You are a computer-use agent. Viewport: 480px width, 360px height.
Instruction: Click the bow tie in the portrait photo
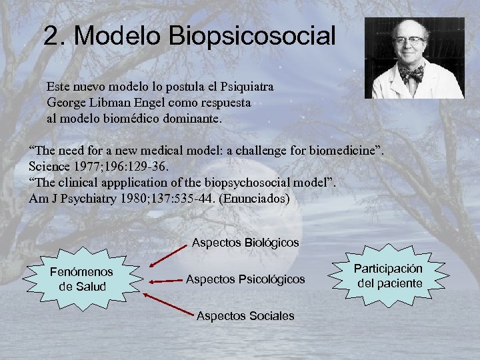point(411,71)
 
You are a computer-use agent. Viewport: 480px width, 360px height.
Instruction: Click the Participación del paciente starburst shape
point(388,275)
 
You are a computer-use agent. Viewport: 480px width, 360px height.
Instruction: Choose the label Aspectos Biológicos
point(245,242)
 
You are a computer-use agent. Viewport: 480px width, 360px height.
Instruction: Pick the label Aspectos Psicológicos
point(245,279)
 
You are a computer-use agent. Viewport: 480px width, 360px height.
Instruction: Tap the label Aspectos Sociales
point(245,315)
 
